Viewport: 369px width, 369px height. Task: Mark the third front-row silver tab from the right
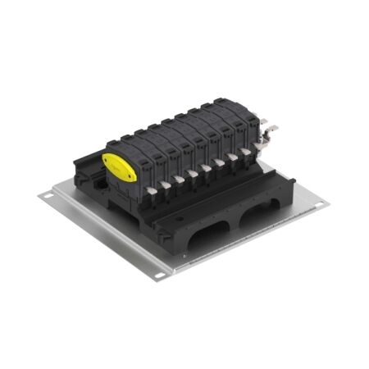(220, 163)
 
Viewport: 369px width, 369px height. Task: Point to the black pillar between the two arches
(236, 225)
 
